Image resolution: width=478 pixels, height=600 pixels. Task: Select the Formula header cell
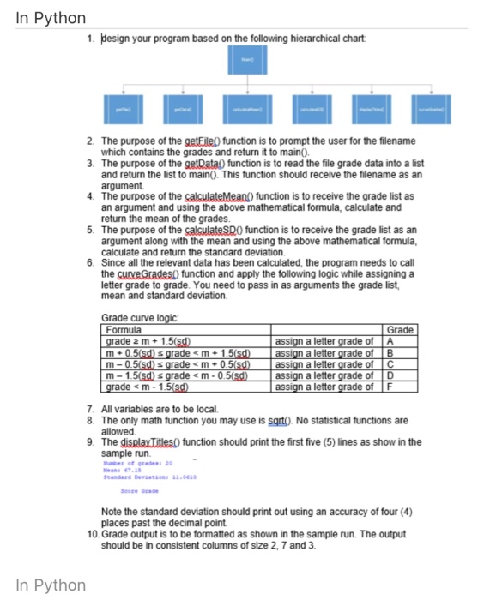tap(124, 330)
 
